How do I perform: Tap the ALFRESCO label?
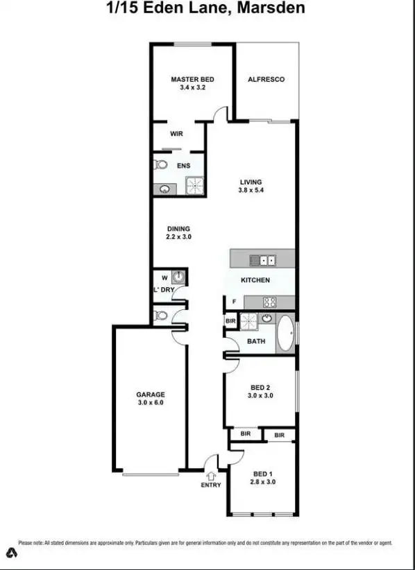tap(266, 79)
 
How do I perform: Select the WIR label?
tap(176, 134)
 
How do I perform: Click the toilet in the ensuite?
tap(161, 165)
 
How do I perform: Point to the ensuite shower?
tap(195, 185)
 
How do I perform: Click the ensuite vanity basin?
tap(165, 188)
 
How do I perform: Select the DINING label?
tap(178, 229)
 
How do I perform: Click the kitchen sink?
tap(263, 260)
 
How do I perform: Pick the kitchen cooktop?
tap(269, 302)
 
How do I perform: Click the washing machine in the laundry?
tap(178, 276)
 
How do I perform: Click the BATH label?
tap(256, 341)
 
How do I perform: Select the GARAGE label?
tap(150, 395)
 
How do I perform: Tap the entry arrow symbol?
tap(211, 476)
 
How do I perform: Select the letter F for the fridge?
tap(235, 302)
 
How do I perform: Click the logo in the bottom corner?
tap(12, 553)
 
